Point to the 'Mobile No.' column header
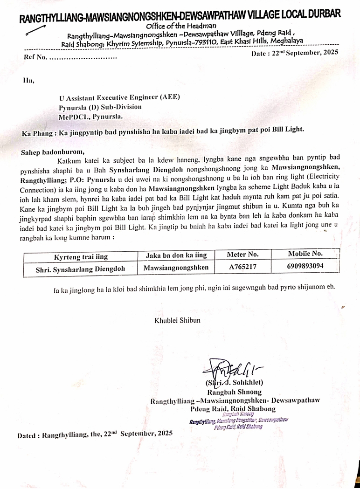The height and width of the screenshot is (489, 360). pos(305,254)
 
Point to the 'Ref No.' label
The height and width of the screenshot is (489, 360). pos(35,58)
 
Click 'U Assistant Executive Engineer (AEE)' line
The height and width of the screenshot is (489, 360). pos(119,97)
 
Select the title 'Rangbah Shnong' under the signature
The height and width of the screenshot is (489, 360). pos(234,392)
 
